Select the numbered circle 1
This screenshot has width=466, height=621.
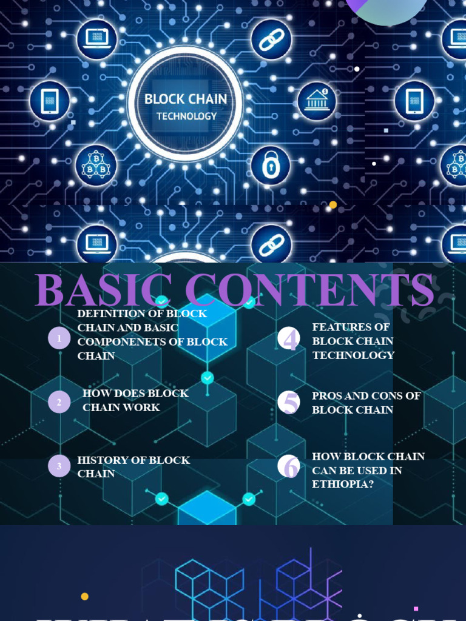pos(59,338)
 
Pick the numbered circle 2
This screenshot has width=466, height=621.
pos(59,401)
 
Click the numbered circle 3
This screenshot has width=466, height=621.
pos(59,466)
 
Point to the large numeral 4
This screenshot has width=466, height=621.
pos(290,340)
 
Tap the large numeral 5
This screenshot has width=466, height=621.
pos(290,402)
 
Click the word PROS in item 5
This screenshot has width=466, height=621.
pos(327,396)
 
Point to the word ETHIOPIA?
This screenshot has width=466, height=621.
pos(341,485)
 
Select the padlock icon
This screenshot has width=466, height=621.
pos(271,165)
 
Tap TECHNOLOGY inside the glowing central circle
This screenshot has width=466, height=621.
pos(186,116)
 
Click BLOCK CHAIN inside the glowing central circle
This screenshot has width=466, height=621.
pos(186,99)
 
